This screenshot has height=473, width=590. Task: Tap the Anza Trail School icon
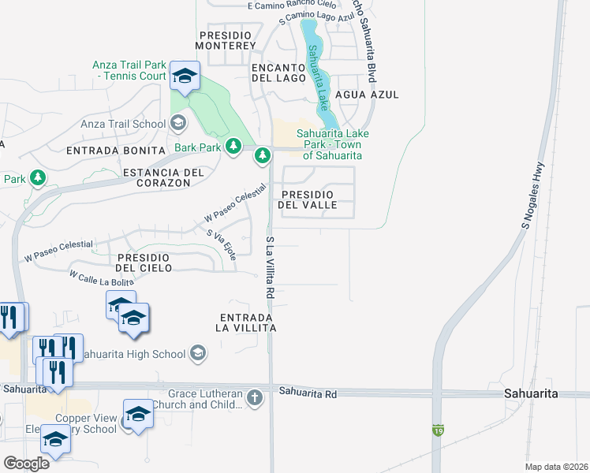click(x=178, y=123)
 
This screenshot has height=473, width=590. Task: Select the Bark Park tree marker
click(x=233, y=146)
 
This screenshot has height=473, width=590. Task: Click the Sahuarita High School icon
click(x=197, y=353)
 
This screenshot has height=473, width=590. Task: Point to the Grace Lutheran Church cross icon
click(x=254, y=398)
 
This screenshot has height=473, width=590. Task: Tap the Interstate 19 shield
click(x=437, y=430)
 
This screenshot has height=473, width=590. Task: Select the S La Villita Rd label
click(x=270, y=266)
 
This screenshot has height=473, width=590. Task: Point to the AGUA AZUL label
click(x=367, y=95)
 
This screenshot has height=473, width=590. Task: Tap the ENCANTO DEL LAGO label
click(x=278, y=73)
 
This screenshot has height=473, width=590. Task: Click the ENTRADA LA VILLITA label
click(x=247, y=322)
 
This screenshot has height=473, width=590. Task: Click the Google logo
click(x=26, y=464)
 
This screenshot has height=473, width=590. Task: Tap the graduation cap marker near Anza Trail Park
click(x=185, y=76)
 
